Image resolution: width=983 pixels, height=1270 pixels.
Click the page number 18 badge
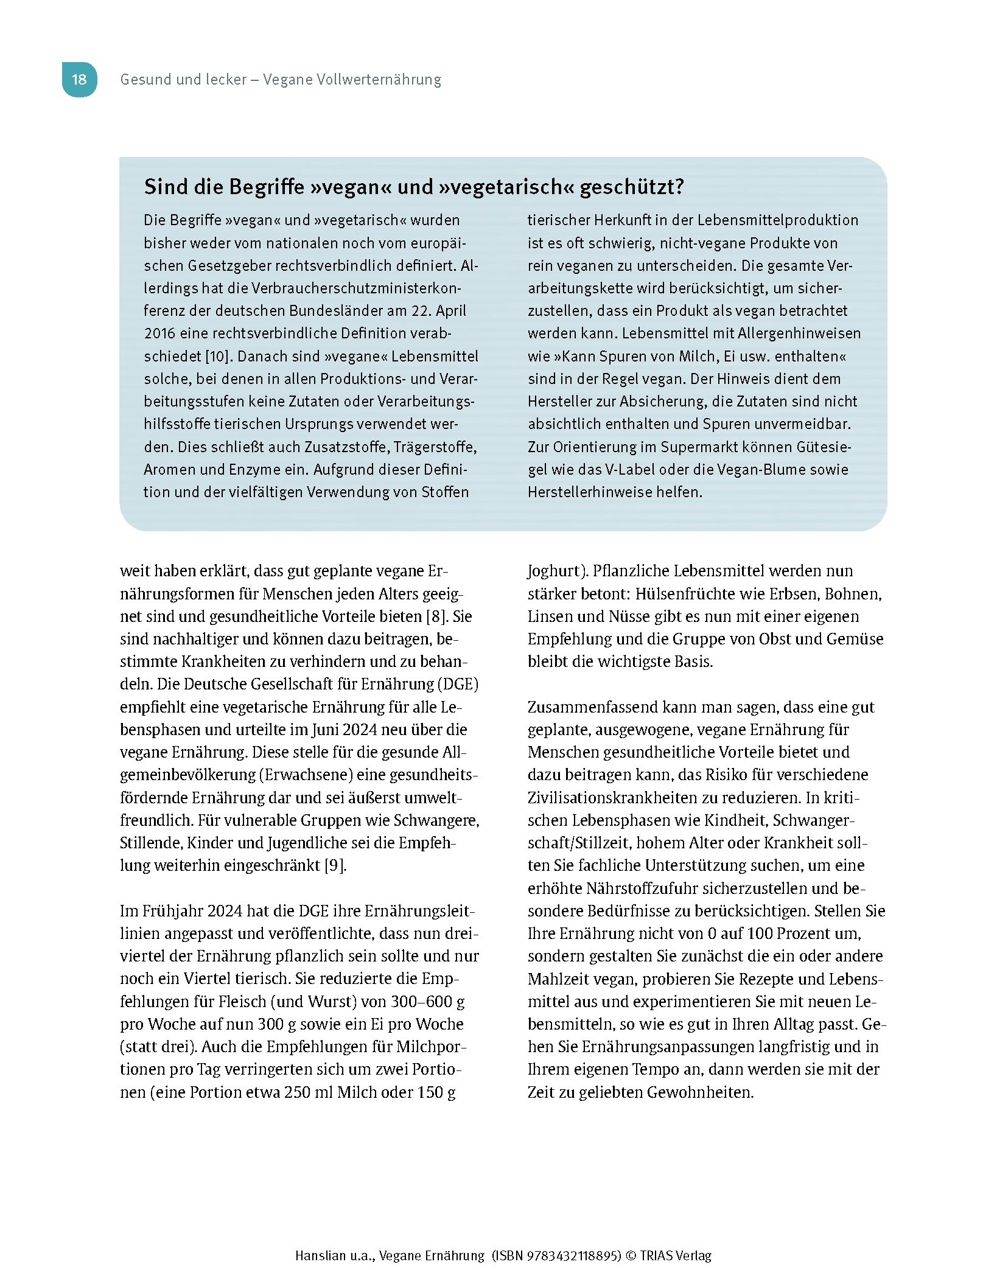[x=79, y=79]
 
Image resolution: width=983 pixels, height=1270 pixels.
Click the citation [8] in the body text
[x=435, y=616]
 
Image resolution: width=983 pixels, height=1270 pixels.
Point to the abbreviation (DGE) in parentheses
[x=458, y=684]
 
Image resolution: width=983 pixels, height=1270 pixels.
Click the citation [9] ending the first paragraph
[x=335, y=865]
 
